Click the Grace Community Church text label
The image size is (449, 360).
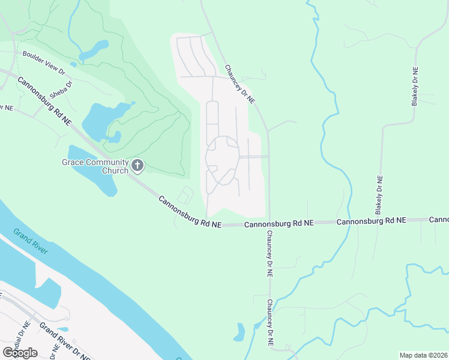(x=95, y=166)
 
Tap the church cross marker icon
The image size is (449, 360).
(x=137, y=166)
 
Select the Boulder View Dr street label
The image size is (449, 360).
(x=44, y=62)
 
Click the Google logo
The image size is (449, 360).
(x=20, y=352)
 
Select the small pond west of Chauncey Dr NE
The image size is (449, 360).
(x=241, y=331)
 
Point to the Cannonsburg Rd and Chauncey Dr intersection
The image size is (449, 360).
(x=268, y=223)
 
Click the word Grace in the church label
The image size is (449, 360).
(x=71, y=162)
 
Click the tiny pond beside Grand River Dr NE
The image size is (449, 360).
(x=62, y=329)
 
